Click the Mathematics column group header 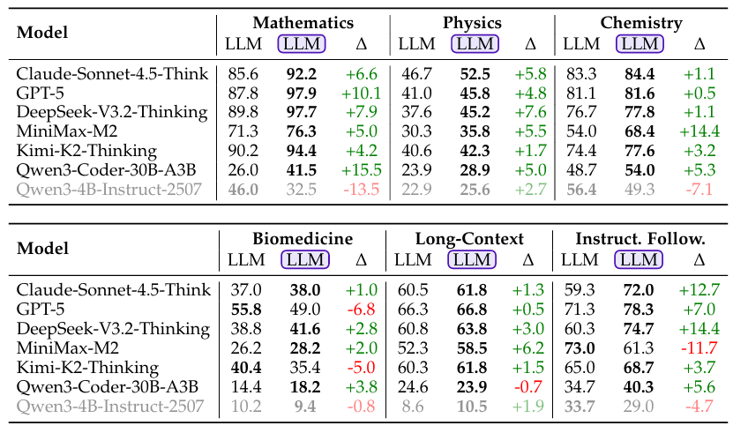[x=303, y=23]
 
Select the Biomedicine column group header [x=303, y=238]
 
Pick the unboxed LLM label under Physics [x=415, y=43]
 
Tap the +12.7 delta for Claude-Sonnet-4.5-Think [x=699, y=290]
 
